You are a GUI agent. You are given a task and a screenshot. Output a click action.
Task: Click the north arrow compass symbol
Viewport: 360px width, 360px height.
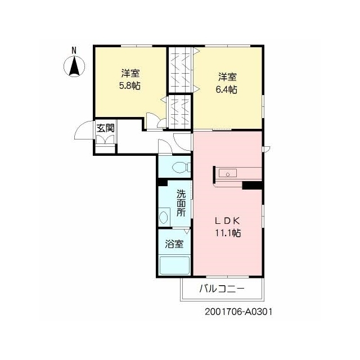point(74,66)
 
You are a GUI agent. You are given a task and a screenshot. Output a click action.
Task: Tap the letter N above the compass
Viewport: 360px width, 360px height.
point(74,50)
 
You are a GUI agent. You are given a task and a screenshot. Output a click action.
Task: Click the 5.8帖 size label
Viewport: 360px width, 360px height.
point(130,85)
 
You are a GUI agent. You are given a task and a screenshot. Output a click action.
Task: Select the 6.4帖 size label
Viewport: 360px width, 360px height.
point(227,89)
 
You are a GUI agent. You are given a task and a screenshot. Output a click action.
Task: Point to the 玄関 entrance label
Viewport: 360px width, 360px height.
point(105,128)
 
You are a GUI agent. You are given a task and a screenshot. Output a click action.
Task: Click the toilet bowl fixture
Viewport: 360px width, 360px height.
point(181,167)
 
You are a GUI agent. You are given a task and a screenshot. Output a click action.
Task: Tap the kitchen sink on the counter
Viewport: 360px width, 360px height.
point(227,173)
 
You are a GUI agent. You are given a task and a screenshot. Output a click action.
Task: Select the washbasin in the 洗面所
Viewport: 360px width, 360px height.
point(164,217)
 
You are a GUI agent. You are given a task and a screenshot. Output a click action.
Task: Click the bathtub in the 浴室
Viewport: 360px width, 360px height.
point(175,265)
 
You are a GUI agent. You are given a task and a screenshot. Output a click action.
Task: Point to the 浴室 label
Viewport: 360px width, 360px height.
point(174,244)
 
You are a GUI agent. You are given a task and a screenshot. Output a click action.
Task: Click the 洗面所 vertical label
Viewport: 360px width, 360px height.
point(181,204)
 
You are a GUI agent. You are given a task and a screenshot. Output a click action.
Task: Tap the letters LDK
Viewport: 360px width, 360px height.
point(227,221)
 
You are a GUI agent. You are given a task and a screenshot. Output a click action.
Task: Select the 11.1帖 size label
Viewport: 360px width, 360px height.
point(228,233)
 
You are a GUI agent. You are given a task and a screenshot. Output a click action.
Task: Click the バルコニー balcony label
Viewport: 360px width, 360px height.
point(222,289)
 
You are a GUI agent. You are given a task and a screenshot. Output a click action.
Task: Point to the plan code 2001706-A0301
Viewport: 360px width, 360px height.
point(238,312)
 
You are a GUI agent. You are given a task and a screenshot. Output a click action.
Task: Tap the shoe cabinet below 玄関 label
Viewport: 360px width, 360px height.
point(105,139)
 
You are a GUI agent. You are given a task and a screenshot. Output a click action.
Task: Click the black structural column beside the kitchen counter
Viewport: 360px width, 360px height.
point(253,185)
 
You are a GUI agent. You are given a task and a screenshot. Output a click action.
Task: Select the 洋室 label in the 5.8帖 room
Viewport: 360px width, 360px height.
point(130,74)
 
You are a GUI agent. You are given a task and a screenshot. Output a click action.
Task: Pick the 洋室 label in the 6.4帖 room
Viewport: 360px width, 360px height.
point(227,77)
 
